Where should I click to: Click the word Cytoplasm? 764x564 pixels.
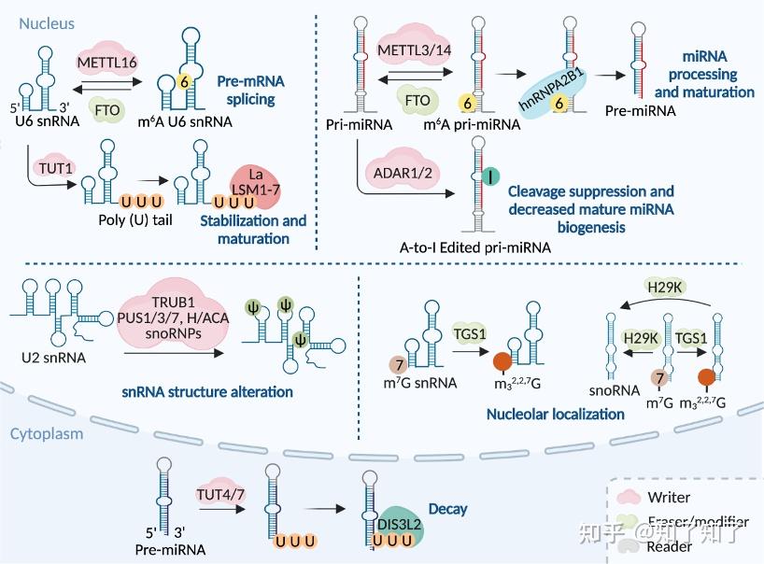coord(46,433)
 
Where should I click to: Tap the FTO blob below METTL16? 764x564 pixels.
coord(108,109)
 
